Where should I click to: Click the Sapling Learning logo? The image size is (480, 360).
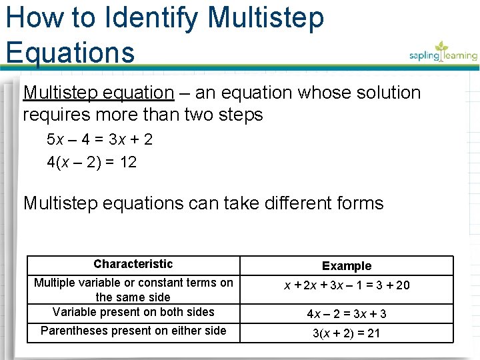click(443, 52)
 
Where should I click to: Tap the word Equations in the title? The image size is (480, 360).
click(70, 51)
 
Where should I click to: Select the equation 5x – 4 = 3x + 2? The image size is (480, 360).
click(99, 139)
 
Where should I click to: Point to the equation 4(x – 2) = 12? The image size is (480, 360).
click(91, 161)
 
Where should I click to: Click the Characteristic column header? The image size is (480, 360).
click(133, 264)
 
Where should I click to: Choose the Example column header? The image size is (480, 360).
click(347, 266)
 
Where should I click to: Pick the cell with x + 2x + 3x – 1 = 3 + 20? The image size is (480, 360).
click(347, 285)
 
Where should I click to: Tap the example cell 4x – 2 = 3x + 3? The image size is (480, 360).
click(347, 313)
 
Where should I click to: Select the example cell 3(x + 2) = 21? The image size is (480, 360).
click(347, 333)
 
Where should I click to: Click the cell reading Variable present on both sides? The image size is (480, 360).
click(133, 312)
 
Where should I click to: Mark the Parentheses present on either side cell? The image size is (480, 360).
click(133, 331)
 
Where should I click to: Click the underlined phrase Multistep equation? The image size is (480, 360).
click(98, 93)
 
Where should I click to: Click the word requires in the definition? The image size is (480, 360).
click(55, 115)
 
